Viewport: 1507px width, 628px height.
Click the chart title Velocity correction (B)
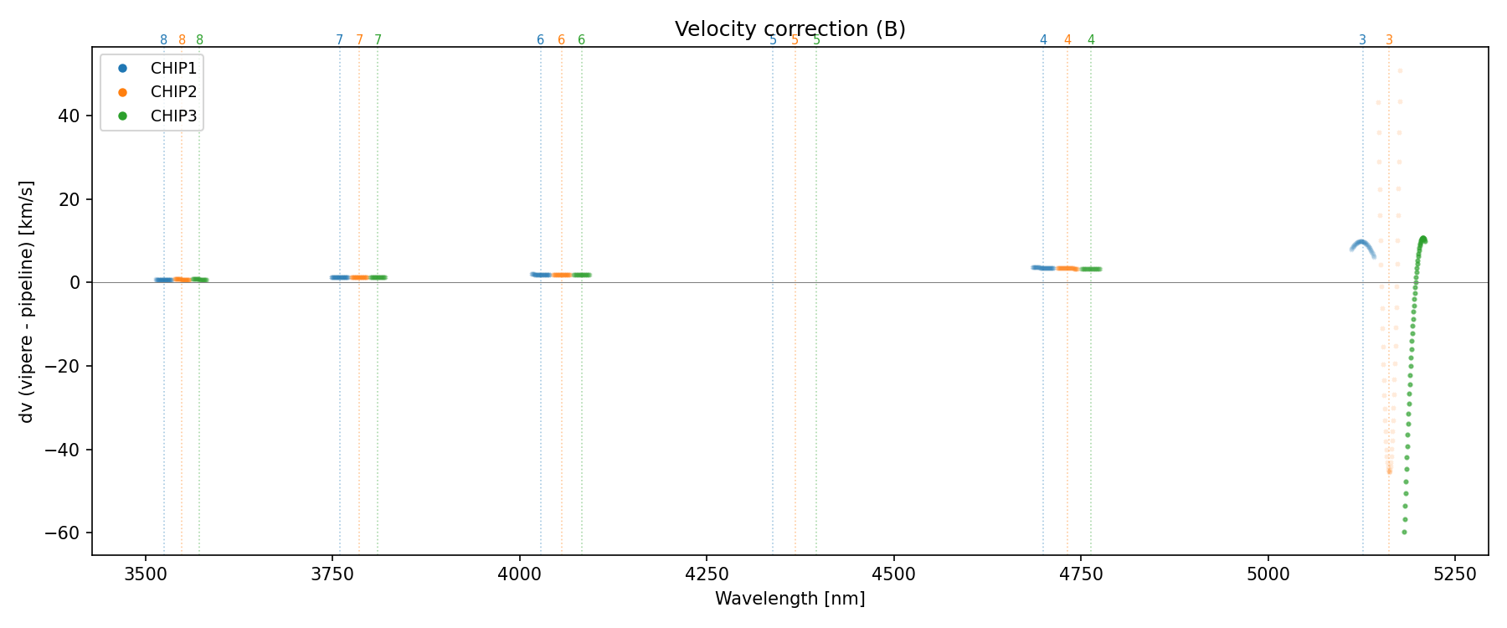click(x=790, y=29)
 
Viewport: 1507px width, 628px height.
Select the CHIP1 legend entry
click(x=173, y=69)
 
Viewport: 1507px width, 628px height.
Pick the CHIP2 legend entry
click(x=173, y=92)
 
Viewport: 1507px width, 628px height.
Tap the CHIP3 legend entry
click(x=173, y=116)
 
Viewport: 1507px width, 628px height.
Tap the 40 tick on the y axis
click(x=69, y=116)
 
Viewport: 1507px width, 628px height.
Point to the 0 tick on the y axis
click(x=75, y=283)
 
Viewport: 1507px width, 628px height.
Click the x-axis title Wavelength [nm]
click(x=790, y=599)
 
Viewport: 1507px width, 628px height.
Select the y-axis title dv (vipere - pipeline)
click(x=27, y=301)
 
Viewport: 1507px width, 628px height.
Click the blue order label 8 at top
click(x=163, y=40)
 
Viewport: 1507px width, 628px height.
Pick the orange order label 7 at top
click(x=359, y=40)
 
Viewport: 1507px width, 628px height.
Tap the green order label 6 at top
click(x=582, y=40)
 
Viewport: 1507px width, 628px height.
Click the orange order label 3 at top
click(x=1389, y=40)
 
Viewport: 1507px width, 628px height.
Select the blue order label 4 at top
click(x=1043, y=40)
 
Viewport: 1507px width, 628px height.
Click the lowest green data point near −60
click(x=1404, y=532)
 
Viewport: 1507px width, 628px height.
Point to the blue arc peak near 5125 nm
click(x=1361, y=242)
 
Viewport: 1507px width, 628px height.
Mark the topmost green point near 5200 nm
click(x=1422, y=239)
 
